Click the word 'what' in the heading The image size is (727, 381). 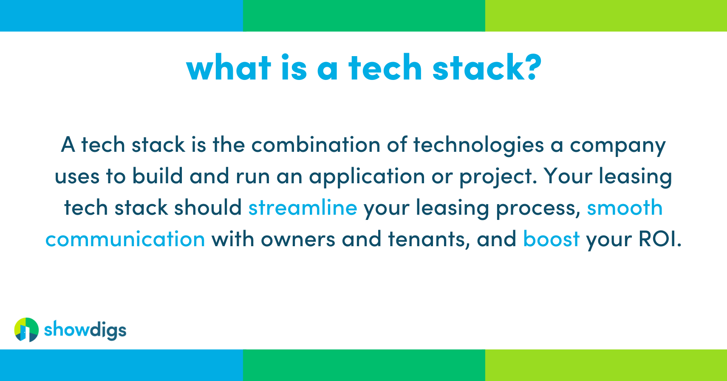click(229, 68)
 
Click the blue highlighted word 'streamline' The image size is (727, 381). click(303, 208)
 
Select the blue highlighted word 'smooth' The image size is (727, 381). click(624, 208)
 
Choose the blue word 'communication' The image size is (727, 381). click(125, 239)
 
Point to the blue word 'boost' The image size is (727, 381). click(551, 239)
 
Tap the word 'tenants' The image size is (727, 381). click(429, 239)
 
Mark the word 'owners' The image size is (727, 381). click(298, 239)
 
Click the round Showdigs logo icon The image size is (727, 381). click(26, 330)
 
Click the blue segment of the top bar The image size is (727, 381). click(121, 16)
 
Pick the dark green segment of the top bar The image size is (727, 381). click(364, 16)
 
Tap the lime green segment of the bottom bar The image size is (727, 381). click(606, 365)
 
